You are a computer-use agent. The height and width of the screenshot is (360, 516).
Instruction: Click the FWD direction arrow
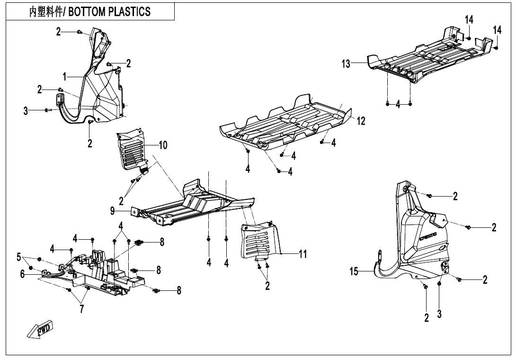click(x=40, y=328)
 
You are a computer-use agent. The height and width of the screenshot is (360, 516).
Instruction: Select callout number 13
click(x=347, y=64)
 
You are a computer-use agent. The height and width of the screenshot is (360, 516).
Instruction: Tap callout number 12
click(x=361, y=121)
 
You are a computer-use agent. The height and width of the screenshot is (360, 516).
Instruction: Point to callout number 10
click(x=163, y=145)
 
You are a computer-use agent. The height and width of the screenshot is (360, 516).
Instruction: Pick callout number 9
click(x=112, y=211)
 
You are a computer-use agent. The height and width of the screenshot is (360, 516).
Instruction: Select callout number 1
click(x=65, y=77)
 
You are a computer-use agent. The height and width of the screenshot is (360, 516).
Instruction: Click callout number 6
click(x=22, y=273)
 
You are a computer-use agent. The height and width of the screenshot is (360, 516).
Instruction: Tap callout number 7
click(x=81, y=309)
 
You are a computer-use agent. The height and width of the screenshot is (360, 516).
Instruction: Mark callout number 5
click(x=19, y=257)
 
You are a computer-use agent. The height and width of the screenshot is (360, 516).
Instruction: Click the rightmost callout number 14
click(x=497, y=30)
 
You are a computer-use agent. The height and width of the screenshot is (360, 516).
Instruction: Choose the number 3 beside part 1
click(x=26, y=111)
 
